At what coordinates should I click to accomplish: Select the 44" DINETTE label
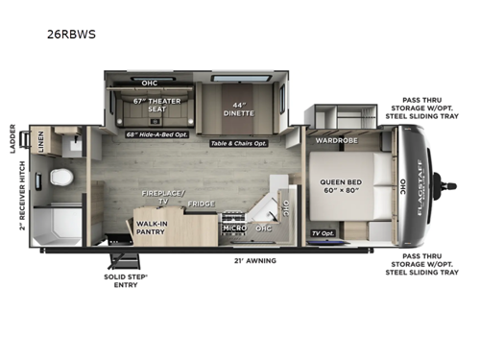(x=243, y=108)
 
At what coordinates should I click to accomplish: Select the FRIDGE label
(x=201, y=204)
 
